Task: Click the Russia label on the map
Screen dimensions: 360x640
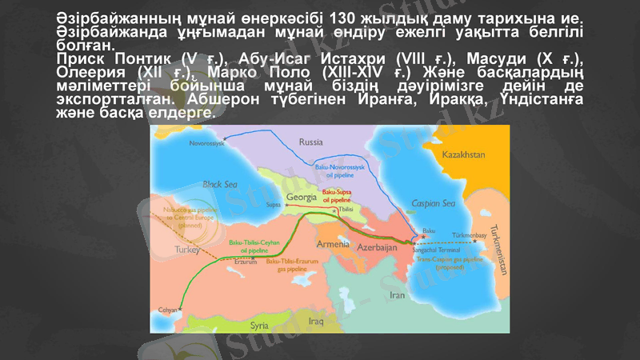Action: coord(310,142)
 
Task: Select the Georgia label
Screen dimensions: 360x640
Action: coord(303,196)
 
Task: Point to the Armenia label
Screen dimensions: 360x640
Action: coord(333,243)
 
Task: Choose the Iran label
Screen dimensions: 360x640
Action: coord(398,294)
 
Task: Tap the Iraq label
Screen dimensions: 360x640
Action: coord(315,322)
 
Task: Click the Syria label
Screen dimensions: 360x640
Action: coord(259,326)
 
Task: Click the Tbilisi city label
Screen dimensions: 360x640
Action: coord(346,208)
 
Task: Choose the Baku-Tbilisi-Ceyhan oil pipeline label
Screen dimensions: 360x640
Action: coord(248,245)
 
